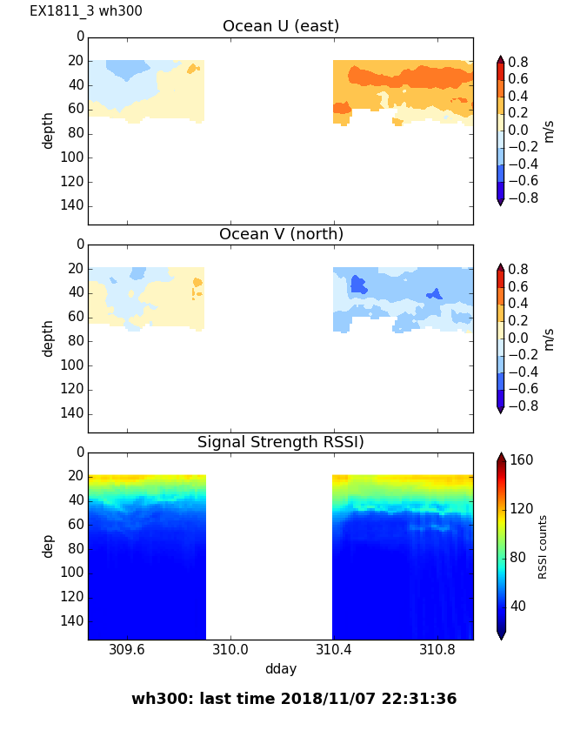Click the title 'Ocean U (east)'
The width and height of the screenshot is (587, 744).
[x=281, y=26]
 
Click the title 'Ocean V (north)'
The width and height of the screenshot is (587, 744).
[x=281, y=234]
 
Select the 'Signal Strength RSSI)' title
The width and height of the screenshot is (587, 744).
[x=281, y=442]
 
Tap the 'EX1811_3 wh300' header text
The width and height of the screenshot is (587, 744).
[x=86, y=11]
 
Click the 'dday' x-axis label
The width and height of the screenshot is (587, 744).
[x=281, y=669]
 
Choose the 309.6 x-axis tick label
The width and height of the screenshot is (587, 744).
[x=127, y=650]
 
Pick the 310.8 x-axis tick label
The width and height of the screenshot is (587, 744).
[x=437, y=650]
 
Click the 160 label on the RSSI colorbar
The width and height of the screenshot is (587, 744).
[x=522, y=460]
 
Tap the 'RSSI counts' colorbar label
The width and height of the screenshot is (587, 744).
[x=544, y=546]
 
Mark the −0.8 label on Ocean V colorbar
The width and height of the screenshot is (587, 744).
[x=521, y=406]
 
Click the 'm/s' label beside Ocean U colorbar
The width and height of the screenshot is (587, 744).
[x=549, y=131]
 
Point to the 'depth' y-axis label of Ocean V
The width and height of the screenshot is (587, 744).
[x=49, y=338]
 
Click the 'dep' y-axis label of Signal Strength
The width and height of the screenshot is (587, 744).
[x=49, y=546]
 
